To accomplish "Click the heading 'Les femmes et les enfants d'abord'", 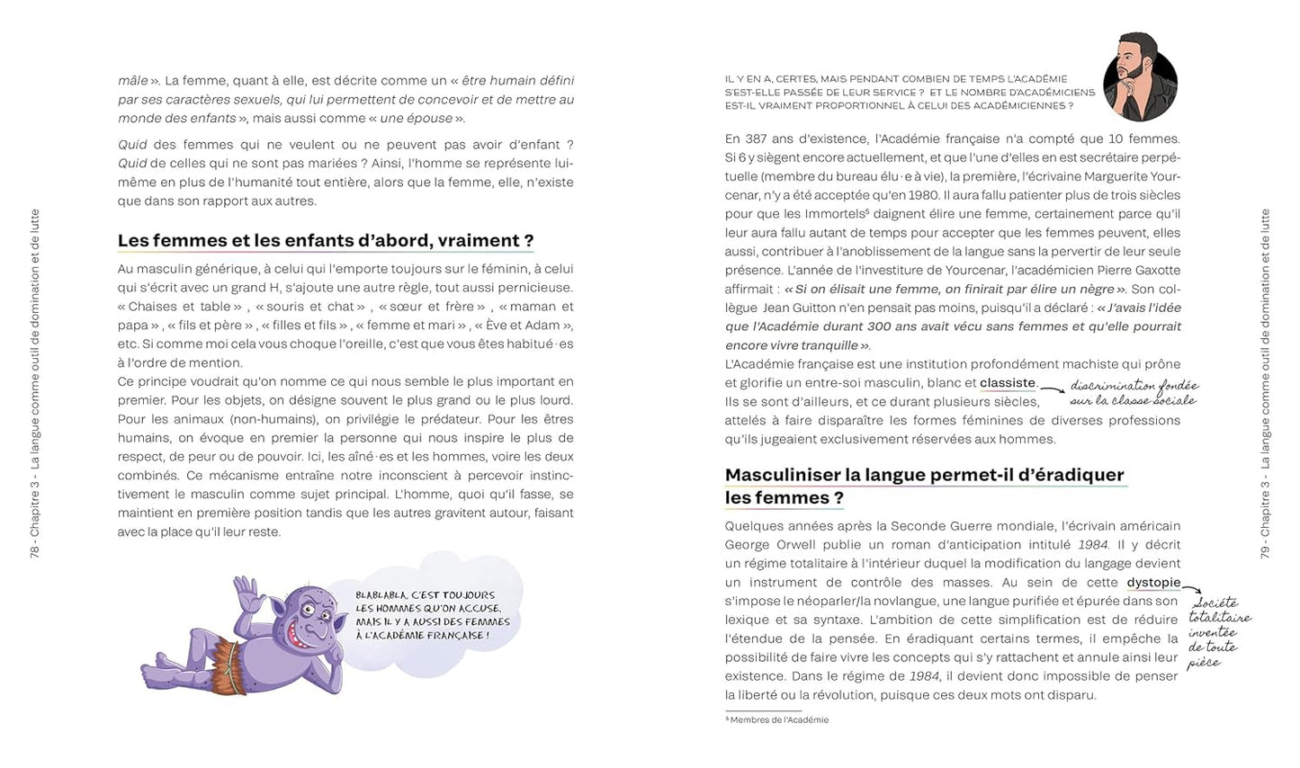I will click(325, 241).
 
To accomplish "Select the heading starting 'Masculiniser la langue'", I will click(924, 486).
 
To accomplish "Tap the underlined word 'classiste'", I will click(1007, 383).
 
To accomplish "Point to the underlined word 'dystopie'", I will click(1152, 583).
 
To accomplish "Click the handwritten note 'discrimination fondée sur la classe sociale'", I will click(1134, 392).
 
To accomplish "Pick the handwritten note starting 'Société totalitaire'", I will click(1217, 631).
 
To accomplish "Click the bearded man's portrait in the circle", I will click(1140, 77).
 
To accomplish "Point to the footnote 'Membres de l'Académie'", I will click(778, 719).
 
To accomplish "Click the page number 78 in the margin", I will click(35, 550).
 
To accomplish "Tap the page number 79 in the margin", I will click(1265, 550).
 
